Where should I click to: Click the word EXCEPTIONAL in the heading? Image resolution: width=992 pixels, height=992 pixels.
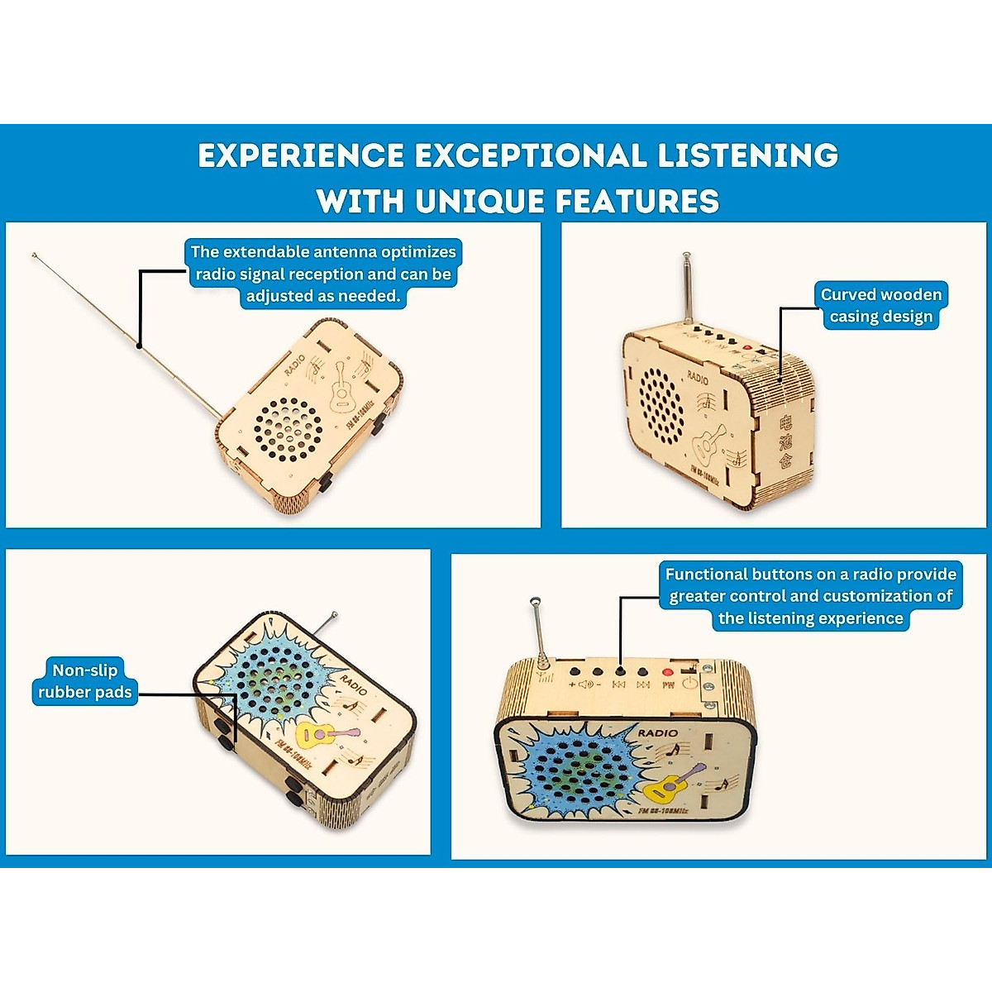[x=530, y=155]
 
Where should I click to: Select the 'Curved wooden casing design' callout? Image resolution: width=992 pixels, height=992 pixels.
[x=880, y=306]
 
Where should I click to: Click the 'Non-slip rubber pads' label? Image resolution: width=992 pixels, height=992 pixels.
[x=84, y=681]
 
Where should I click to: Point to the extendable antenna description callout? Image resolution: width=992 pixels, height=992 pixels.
[x=323, y=274]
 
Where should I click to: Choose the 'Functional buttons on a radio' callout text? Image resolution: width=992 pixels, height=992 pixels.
[x=810, y=596]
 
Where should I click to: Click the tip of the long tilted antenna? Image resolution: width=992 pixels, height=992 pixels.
[x=34, y=255]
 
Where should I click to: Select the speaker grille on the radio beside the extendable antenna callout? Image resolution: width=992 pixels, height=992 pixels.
[x=287, y=427]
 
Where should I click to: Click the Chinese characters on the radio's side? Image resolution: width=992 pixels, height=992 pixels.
[x=785, y=442]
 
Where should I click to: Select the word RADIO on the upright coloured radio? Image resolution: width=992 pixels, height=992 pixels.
[x=657, y=732]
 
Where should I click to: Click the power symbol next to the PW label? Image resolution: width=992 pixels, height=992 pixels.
[x=689, y=684]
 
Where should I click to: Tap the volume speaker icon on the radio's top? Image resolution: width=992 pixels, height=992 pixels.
[x=585, y=684]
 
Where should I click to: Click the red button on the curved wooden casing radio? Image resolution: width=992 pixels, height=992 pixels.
[x=746, y=349]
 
